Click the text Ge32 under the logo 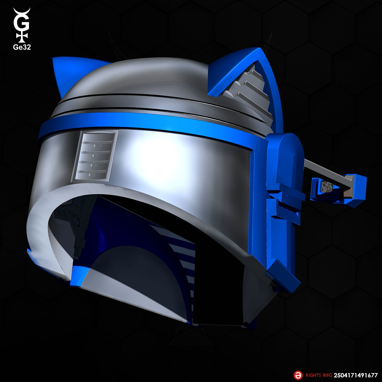[x=22, y=47]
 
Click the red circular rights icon [x=298, y=375]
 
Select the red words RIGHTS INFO [x=319, y=375]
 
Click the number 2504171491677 [x=356, y=375]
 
